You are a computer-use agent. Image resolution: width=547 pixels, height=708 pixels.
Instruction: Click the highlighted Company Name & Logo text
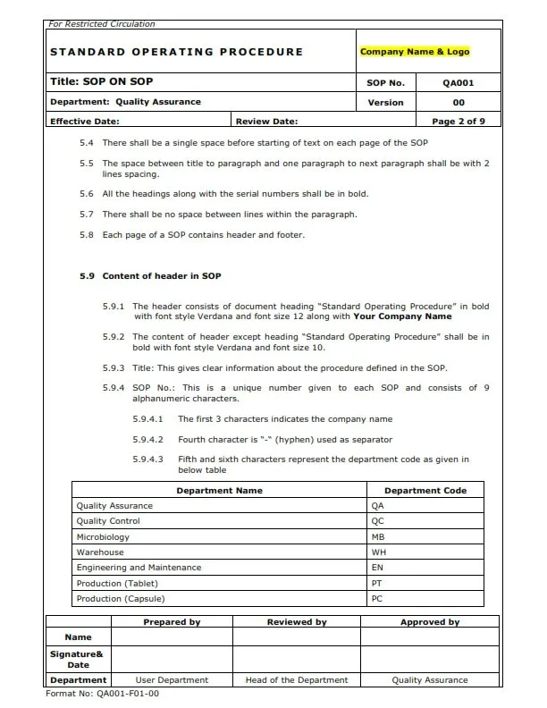[x=414, y=52]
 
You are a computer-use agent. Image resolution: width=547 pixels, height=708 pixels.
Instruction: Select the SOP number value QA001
[x=459, y=82]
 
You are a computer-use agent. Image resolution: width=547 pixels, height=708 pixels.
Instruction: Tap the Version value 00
[x=459, y=102]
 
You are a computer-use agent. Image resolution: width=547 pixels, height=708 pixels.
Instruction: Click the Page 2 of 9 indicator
[x=459, y=121]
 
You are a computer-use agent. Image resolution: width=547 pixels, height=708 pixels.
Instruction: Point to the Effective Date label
[x=85, y=121]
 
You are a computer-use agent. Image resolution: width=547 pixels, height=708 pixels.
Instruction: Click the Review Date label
[x=267, y=121]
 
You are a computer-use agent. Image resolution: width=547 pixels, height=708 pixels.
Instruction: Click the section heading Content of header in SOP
[x=161, y=276]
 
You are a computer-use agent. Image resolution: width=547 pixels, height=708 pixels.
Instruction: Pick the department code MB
[x=377, y=536]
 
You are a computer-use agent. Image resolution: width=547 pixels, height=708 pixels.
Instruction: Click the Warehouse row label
[x=100, y=552]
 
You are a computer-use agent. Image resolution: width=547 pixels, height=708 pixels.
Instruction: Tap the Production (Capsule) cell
[x=121, y=598]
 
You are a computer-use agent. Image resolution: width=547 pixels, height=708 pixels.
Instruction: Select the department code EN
[x=377, y=568]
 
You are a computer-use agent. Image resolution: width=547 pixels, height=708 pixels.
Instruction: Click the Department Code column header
[x=425, y=490]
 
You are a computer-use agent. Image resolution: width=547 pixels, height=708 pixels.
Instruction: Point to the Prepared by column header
[x=172, y=622]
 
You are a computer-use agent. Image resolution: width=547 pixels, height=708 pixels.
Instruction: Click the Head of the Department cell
[x=297, y=679]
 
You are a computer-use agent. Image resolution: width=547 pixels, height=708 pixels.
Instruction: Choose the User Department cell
[x=172, y=679]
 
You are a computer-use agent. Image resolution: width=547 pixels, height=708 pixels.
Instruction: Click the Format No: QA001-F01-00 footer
[x=103, y=693]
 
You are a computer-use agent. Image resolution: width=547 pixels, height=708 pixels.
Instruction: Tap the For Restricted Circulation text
[x=100, y=24]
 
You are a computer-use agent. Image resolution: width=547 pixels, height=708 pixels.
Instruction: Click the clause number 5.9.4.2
[x=147, y=439]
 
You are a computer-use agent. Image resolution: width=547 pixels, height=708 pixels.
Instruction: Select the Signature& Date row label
[x=79, y=659]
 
